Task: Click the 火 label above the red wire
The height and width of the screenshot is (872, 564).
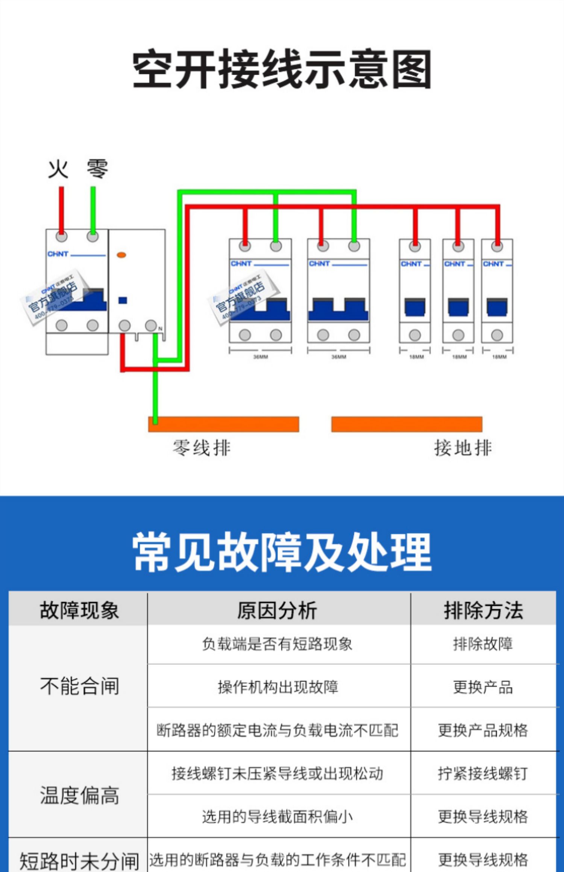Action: pos(58,169)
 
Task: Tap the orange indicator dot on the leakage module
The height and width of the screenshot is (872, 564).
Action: pos(121,255)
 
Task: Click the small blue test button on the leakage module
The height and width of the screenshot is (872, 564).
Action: pos(123,300)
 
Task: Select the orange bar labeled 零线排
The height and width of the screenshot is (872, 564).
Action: pos(224,424)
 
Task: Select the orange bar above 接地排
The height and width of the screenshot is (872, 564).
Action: pos(406,424)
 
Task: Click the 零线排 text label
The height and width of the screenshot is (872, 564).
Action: pos(202,448)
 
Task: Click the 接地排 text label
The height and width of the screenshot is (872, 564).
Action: pos(463,448)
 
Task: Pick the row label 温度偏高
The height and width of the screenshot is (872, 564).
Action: pos(79,795)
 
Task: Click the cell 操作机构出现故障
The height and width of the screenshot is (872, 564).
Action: pos(278,687)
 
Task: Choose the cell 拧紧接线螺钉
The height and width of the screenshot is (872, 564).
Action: pos(483,773)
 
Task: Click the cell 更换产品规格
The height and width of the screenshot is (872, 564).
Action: pos(483,730)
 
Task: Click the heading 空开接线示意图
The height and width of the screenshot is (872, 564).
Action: pos(282,69)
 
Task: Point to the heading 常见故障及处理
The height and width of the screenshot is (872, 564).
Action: pos(282,552)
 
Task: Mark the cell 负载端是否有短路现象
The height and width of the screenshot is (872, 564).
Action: pos(277,644)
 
